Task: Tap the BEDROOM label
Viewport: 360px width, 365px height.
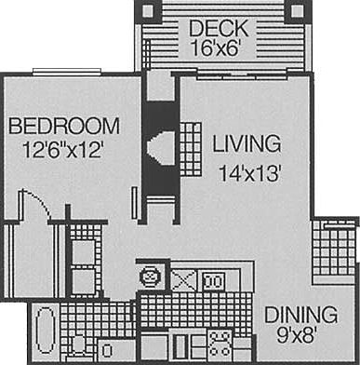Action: click(x=65, y=126)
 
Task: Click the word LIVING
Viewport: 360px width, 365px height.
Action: click(x=246, y=144)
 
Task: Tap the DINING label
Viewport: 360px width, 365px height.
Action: click(x=300, y=313)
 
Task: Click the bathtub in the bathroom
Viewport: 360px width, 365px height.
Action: click(x=45, y=332)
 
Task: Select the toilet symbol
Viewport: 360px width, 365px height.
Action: click(x=77, y=347)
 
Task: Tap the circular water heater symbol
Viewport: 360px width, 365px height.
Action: click(x=149, y=277)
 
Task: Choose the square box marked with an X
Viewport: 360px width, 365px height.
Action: click(x=182, y=277)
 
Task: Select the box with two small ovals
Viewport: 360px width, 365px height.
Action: click(x=213, y=277)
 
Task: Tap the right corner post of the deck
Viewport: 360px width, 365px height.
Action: click(x=297, y=11)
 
